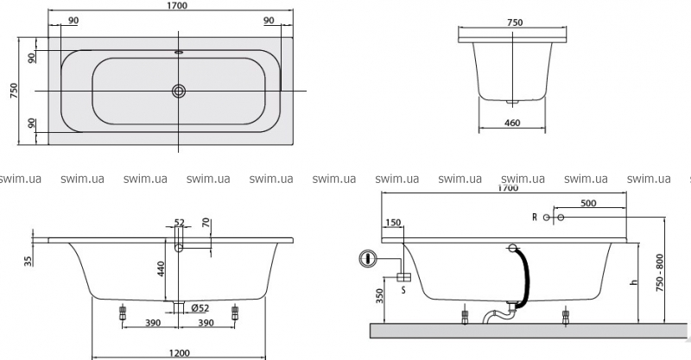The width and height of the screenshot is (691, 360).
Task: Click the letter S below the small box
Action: [x=403, y=291]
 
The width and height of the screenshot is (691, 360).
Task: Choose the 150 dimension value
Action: [x=394, y=223]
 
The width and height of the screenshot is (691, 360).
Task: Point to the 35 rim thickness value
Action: [x=29, y=260]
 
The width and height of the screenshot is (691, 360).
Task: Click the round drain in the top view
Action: [x=179, y=91]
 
